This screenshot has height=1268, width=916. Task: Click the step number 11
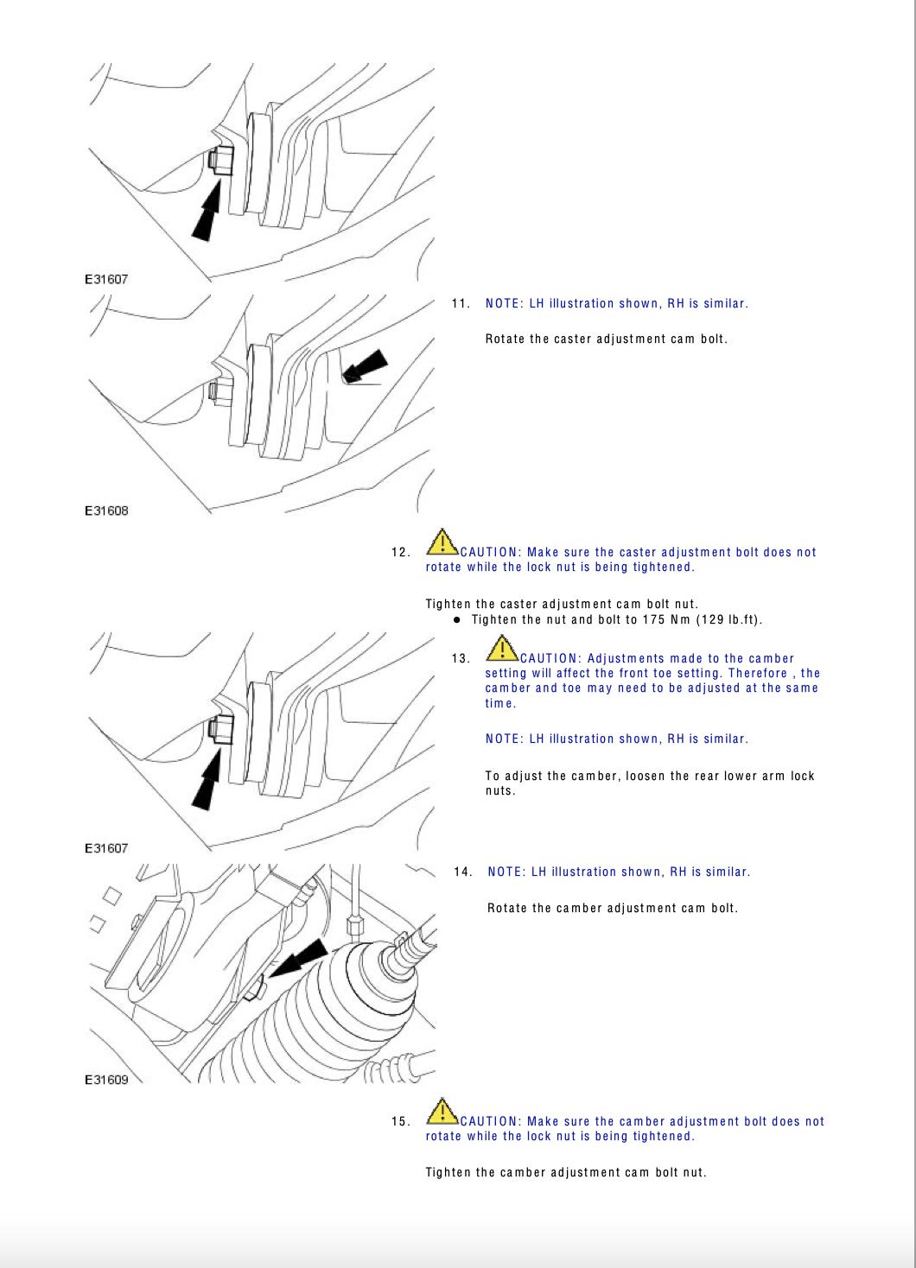tap(461, 303)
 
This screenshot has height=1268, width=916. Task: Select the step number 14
tap(463, 872)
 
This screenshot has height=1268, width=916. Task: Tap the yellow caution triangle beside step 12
tap(442, 542)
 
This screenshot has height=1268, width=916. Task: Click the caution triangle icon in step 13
tap(502, 649)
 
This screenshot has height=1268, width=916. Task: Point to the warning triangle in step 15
tap(442, 1112)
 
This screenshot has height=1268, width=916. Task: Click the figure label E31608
tap(106, 510)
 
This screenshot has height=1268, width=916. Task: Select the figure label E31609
tap(106, 1080)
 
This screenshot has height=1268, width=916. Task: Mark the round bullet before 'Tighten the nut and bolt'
tap(457, 619)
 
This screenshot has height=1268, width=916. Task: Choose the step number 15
tap(400, 1121)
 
